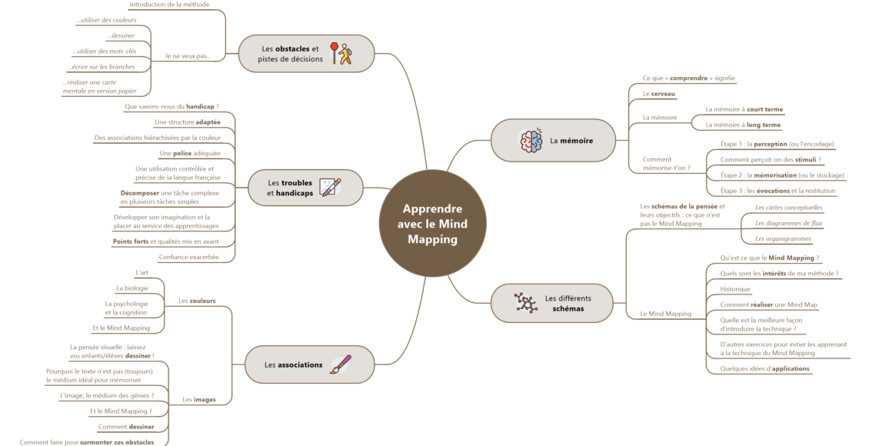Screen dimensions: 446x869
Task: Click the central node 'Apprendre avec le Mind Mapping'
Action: [433, 223]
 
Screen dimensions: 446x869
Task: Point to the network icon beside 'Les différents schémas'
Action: [526, 303]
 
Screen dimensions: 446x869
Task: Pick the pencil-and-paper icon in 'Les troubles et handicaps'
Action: [330, 188]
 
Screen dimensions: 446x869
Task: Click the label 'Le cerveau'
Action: [658, 94]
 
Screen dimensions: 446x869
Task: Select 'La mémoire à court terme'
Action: [744, 109]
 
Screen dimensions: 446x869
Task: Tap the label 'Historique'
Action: [735, 289]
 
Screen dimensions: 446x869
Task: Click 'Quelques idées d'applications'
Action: [764, 368]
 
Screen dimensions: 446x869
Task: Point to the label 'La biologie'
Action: [132, 288]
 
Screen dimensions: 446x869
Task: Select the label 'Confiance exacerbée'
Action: [188, 257]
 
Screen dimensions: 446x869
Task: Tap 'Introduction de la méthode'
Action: [169, 5]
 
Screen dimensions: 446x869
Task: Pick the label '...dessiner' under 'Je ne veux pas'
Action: [121, 36]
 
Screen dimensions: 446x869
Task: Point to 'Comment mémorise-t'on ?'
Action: [666, 163]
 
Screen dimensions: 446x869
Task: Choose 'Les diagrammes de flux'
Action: [788, 223]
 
